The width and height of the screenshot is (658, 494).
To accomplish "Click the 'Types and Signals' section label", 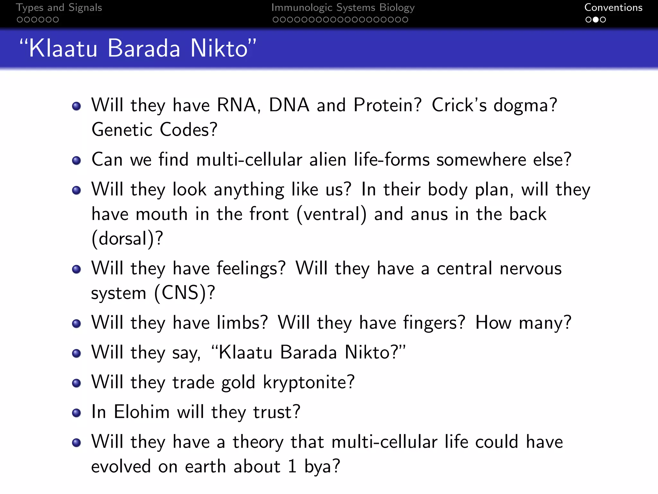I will click(59, 8).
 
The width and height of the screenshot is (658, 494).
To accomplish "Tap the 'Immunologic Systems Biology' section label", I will click(343, 8).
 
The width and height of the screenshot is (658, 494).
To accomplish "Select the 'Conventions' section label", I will click(613, 8).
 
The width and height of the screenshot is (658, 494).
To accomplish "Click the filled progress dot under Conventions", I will click(596, 20).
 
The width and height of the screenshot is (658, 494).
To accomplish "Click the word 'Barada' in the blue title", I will click(144, 49).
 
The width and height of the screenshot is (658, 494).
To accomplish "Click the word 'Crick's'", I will click(459, 105).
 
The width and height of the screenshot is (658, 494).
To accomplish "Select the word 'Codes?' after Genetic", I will click(189, 130).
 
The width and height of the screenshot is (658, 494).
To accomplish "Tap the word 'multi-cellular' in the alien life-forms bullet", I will click(249, 160).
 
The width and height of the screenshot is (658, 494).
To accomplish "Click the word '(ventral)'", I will click(331, 214).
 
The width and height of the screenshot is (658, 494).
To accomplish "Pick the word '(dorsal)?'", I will click(127, 239).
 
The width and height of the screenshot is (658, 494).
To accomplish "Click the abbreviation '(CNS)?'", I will click(184, 293).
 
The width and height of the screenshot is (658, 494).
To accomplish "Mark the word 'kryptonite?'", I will click(308, 382).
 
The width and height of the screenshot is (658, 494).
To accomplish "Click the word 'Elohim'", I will click(142, 412).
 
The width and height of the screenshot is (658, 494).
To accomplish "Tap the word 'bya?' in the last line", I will click(322, 467).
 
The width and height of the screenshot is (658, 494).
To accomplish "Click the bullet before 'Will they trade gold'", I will click(76, 383).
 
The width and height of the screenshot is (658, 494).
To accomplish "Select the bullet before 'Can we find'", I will click(76, 160).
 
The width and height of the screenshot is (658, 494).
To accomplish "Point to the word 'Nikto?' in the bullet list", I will click(372, 352).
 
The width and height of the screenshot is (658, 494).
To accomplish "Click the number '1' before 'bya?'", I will click(292, 467).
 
